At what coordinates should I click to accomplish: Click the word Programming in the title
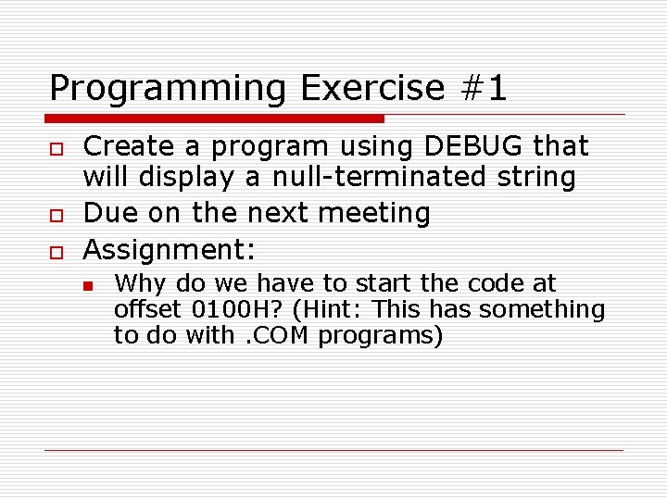(x=168, y=89)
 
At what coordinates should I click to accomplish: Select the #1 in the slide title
(x=483, y=89)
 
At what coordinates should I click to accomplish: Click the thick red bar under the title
(x=215, y=119)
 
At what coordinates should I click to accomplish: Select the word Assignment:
(x=169, y=249)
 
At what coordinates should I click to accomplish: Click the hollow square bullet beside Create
(x=54, y=147)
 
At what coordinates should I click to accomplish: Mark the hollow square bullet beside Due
(x=54, y=214)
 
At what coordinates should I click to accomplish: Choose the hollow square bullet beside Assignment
(x=54, y=250)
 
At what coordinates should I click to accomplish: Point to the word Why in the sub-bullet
(x=138, y=282)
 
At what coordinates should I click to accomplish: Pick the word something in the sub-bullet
(x=542, y=309)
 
